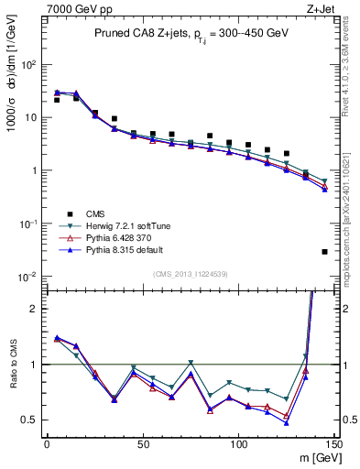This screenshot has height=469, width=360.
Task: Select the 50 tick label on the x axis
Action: pos(142,443)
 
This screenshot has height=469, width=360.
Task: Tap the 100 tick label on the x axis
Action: pos(238,443)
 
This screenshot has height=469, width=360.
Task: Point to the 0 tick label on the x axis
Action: pos(47,443)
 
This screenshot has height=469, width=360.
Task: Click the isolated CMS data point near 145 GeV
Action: pos(324,252)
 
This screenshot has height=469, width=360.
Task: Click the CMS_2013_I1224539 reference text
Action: pos(190,274)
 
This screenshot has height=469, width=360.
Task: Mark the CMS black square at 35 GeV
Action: pos(114,119)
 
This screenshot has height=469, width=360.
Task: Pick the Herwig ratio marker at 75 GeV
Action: pos(191,364)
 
